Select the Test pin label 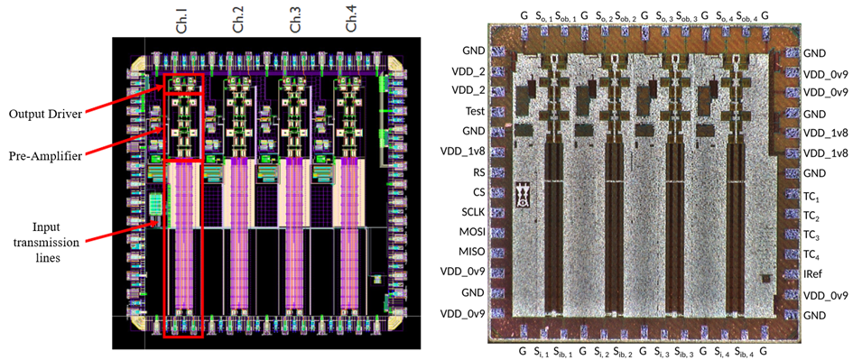coord(475,112)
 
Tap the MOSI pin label coord(472,232)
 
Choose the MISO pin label coord(472,253)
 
